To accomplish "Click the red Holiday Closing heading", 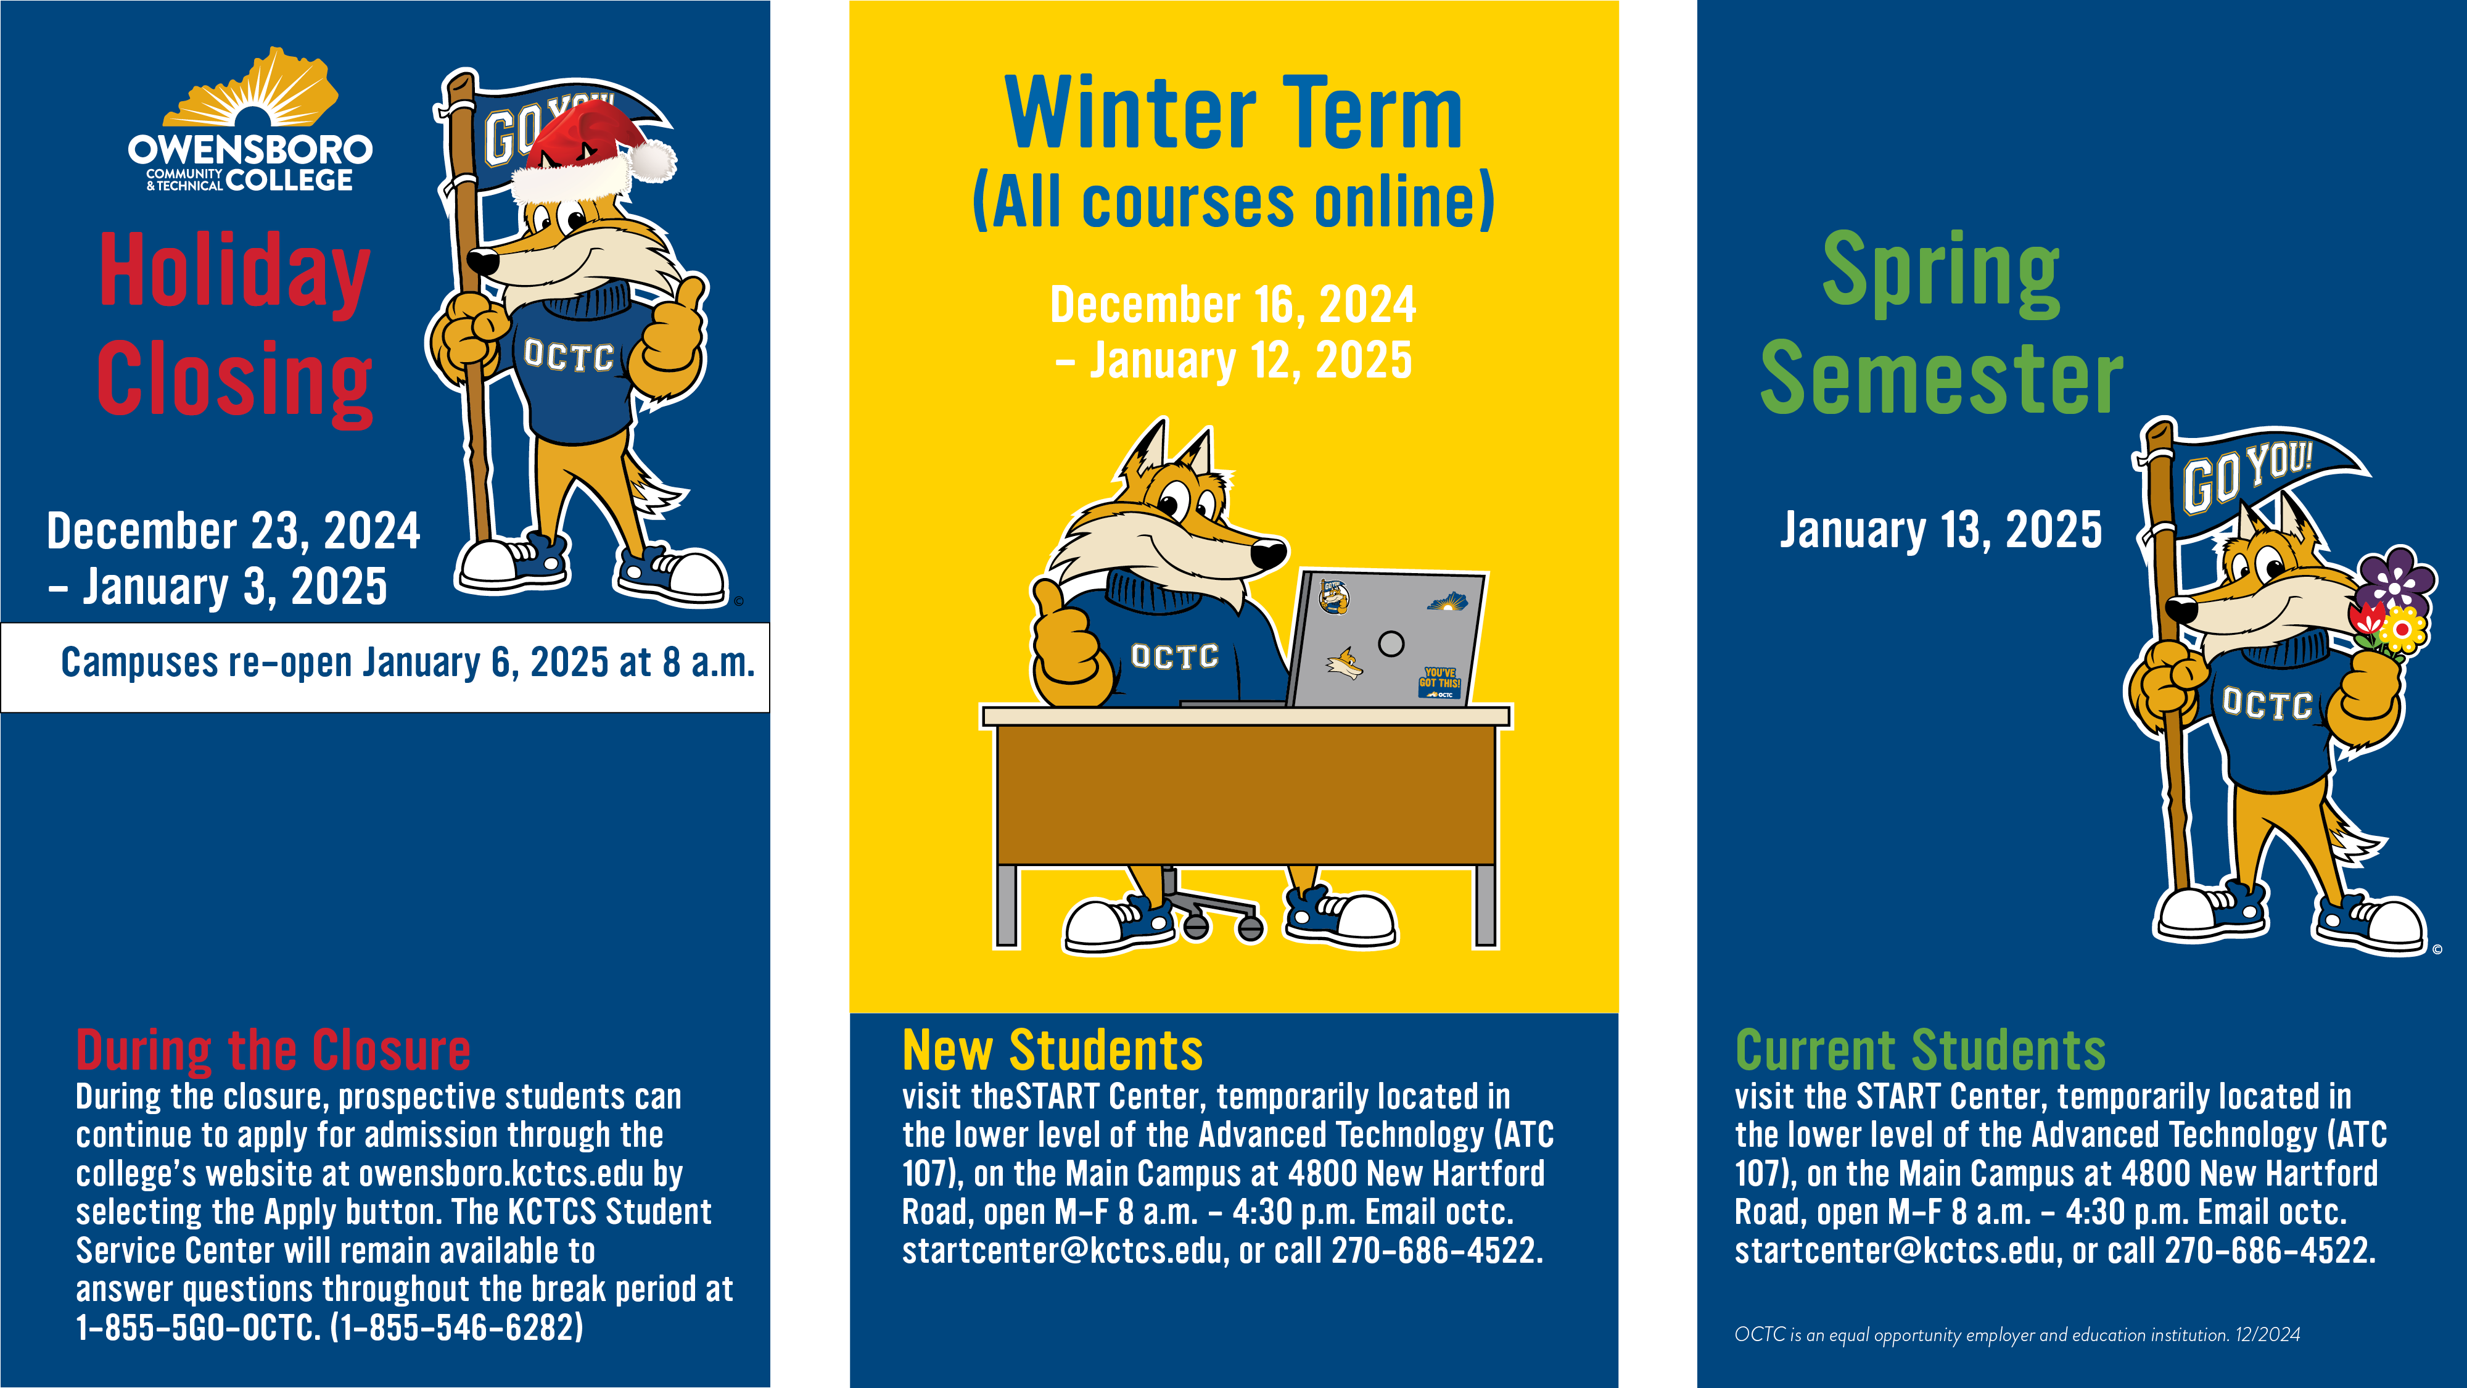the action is click(x=234, y=327).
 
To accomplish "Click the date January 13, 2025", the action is click(x=1942, y=530).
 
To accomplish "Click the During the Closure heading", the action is click(x=273, y=1050).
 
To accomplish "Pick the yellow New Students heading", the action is click(x=1053, y=1050).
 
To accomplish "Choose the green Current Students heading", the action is click(x=1920, y=1050).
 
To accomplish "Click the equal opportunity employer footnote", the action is click(x=2017, y=1334).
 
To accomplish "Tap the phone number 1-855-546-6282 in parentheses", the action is click(x=457, y=1328).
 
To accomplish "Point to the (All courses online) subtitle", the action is click(x=1233, y=201).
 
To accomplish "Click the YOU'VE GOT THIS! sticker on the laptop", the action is click(x=1439, y=683).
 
